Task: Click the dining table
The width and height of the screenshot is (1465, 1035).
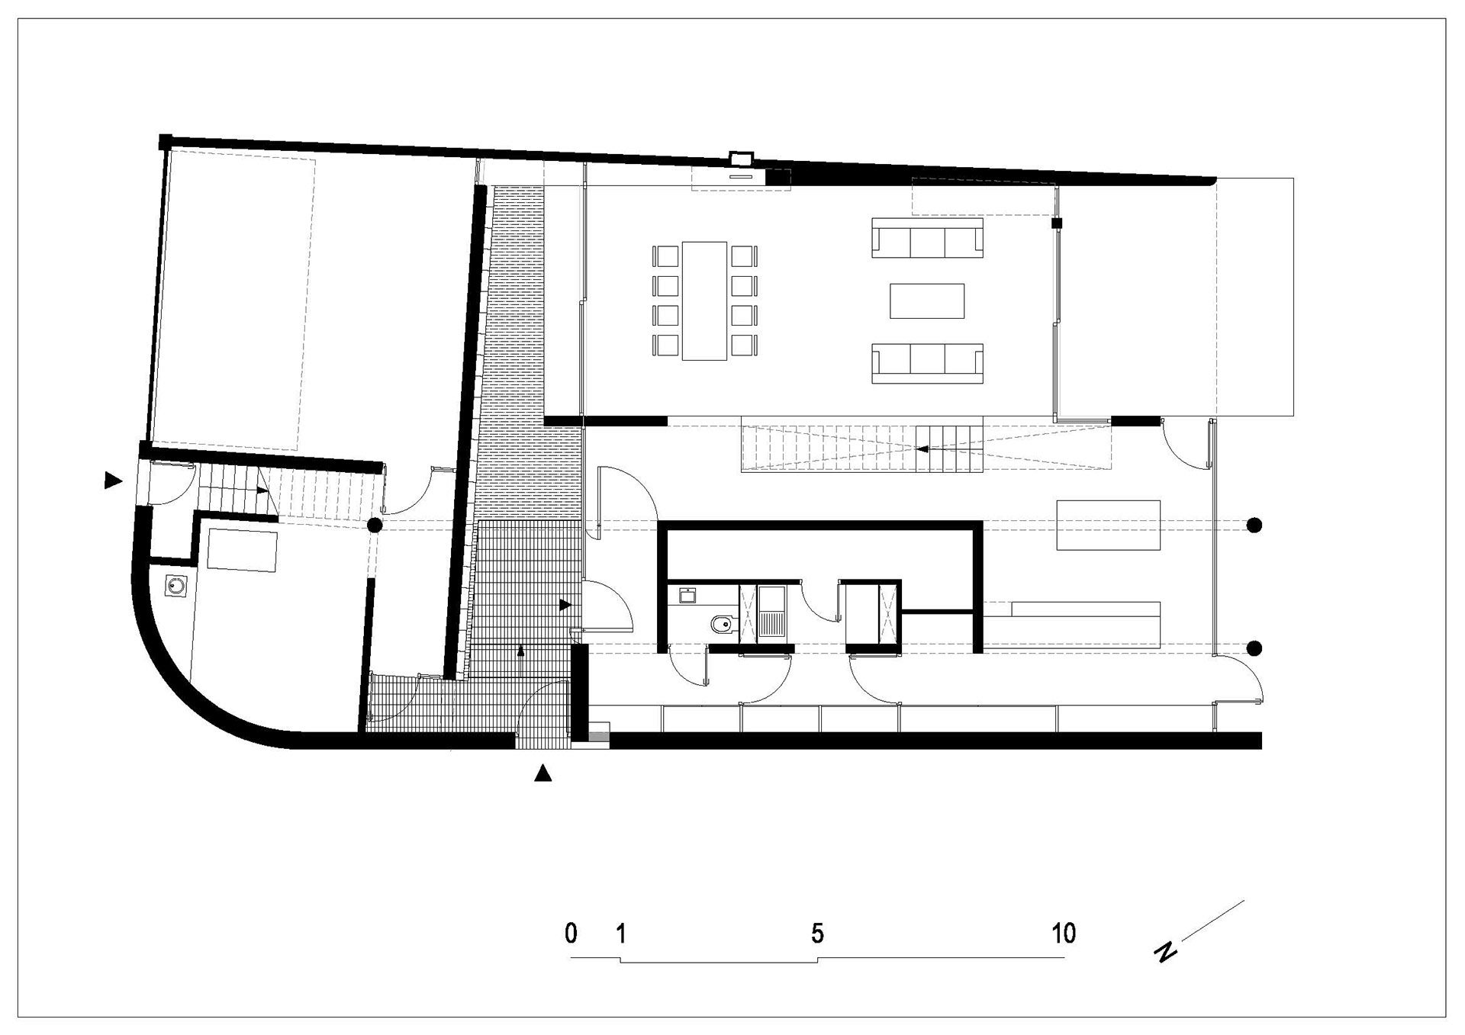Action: coord(704,301)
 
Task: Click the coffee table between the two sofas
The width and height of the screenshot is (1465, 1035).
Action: coord(927,301)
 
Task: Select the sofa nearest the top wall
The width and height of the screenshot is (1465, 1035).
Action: coord(927,238)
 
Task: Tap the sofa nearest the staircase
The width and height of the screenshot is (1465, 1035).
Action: coord(927,363)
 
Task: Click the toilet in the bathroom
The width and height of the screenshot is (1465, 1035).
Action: coord(721,625)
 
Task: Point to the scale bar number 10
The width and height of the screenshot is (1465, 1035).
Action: coord(1064,933)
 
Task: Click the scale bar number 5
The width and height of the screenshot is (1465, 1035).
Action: coord(818,933)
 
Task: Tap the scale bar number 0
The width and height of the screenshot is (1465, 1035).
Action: coord(571,933)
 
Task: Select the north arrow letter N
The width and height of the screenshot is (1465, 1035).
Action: coord(1164,952)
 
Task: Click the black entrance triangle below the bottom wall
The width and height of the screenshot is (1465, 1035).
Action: coord(543,773)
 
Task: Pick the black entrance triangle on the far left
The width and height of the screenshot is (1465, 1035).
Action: coord(113,480)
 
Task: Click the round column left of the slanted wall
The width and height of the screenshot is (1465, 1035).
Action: coord(375,525)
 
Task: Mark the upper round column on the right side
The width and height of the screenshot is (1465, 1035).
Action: coord(1254,525)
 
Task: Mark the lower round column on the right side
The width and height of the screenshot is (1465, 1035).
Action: coord(1254,648)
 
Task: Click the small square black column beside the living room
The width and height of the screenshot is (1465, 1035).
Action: coord(1057,223)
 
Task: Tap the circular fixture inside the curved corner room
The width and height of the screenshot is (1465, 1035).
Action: coord(177,587)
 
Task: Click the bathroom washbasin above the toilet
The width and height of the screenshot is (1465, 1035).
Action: coord(687,595)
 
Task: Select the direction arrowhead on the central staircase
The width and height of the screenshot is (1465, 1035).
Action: coord(922,449)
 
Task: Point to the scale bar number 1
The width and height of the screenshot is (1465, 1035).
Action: coord(621,933)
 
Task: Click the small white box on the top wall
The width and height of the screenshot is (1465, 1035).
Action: coord(741,159)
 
